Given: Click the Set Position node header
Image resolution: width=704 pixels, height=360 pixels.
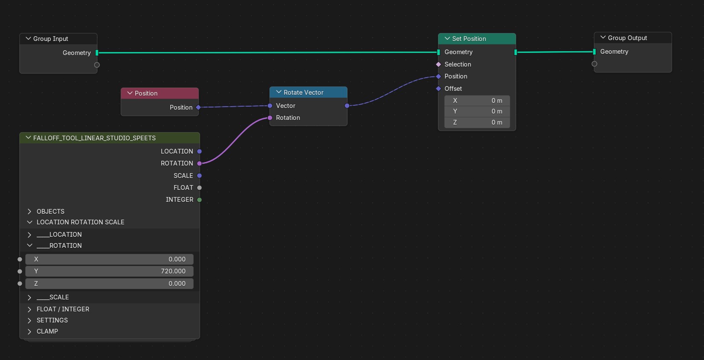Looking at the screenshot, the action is [477, 39].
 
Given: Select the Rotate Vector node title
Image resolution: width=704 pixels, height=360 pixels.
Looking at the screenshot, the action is [303, 93].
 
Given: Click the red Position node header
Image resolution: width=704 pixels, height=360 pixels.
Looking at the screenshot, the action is [160, 93].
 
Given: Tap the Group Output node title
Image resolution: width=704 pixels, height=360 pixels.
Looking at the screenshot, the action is [627, 38].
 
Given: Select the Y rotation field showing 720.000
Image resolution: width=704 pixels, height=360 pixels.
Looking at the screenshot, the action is [109, 271].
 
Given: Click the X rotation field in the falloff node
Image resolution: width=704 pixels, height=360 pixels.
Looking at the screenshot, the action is [109, 259].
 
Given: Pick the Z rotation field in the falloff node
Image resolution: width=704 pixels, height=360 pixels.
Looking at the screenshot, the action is [109, 283].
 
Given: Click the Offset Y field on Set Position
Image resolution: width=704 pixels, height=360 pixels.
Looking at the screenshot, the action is [477, 111].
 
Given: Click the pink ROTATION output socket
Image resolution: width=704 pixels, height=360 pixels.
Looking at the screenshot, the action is [199, 163].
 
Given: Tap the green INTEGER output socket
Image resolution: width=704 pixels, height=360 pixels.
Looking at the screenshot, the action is [199, 200].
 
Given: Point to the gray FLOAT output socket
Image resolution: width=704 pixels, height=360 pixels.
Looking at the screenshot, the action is [199, 188].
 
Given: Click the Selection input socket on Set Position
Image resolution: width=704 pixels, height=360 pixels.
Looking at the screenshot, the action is [439, 64].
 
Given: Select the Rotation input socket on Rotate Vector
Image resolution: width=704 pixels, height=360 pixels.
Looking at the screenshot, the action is [270, 118].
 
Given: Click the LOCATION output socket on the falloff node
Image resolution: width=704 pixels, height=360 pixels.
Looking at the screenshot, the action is [199, 151].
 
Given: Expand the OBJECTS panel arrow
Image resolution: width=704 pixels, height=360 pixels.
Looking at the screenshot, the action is [29, 212].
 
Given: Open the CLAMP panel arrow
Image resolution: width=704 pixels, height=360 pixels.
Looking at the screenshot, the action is [29, 331].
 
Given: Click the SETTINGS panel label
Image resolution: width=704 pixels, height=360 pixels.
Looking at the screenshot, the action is [52, 320].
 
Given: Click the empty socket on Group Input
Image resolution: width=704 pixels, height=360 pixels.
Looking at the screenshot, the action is [97, 65].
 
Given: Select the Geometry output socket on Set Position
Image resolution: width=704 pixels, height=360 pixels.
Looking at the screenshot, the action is [515, 52].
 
